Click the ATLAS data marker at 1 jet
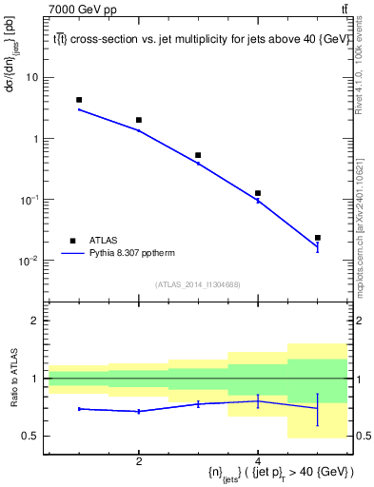tap(79, 100)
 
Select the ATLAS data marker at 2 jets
tap(139, 120)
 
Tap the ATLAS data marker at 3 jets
tap(198, 155)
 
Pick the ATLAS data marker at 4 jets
tap(258, 193)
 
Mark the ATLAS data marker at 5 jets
tap(317, 238)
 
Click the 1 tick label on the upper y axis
tap(38, 138)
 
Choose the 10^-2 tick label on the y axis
tap(32, 260)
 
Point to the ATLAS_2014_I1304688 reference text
tap(198, 283)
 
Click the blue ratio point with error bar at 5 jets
tap(317, 408)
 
